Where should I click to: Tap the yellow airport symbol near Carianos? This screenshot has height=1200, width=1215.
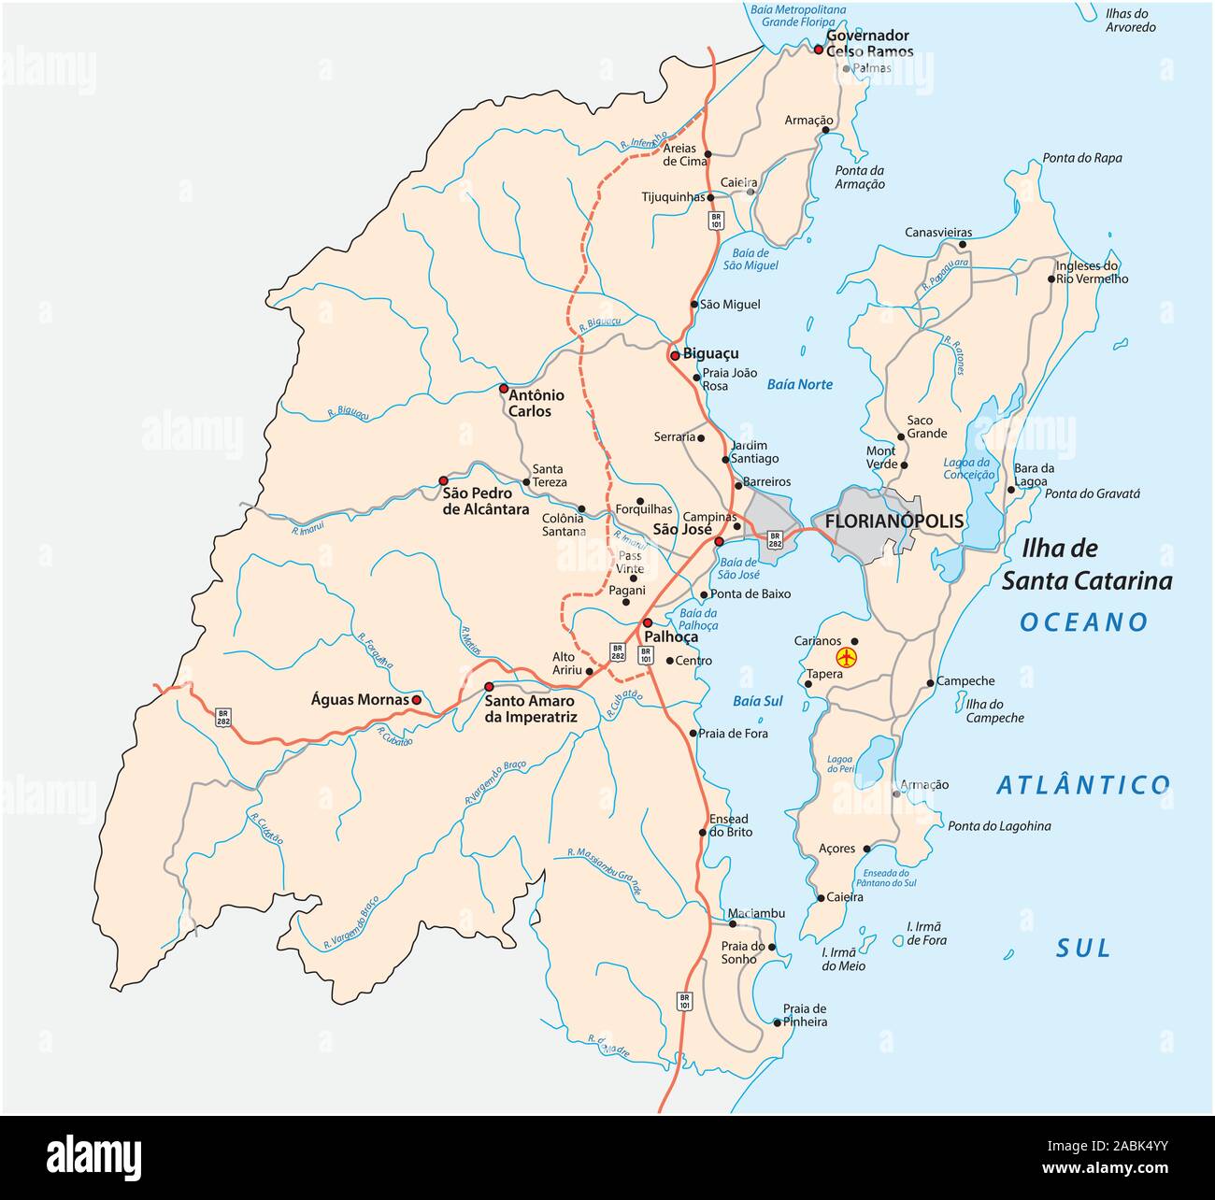click(x=847, y=657)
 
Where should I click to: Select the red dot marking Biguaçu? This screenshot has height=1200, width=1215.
click(x=674, y=356)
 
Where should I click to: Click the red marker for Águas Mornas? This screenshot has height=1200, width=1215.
click(x=417, y=699)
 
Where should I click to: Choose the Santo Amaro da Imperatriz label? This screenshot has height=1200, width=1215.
click(x=530, y=709)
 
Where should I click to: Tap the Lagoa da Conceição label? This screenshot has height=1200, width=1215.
click(x=967, y=468)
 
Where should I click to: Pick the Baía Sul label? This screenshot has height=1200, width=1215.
click(x=758, y=701)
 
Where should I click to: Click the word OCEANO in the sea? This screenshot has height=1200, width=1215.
click(x=1084, y=622)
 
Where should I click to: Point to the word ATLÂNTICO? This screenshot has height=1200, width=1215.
click(x=1083, y=785)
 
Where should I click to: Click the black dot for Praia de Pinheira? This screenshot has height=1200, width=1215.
click(x=778, y=1022)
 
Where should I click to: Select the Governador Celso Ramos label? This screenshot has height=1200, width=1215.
click(x=868, y=43)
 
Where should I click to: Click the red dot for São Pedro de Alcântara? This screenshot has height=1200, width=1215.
click(x=444, y=481)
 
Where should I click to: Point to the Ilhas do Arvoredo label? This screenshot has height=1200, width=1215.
click(x=1130, y=20)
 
